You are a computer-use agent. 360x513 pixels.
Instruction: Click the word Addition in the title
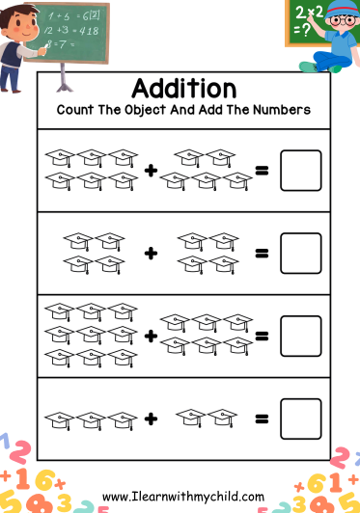click(183, 88)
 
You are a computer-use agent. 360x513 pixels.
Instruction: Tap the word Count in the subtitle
click(76, 110)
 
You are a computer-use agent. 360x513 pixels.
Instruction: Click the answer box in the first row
click(300, 170)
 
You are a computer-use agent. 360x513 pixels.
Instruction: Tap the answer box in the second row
click(300, 253)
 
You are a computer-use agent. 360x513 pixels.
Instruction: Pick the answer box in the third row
click(300, 336)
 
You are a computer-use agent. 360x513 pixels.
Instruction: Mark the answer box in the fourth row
click(300, 418)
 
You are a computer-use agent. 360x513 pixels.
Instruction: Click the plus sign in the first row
click(151, 171)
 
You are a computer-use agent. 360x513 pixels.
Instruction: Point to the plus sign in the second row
click(151, 254)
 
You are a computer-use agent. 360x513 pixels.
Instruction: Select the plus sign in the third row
click(151, 337)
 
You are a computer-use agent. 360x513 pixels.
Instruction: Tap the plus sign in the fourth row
click(151, 419)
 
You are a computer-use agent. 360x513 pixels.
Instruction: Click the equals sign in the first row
click(261, 171)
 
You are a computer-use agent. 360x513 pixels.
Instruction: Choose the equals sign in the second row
click(261, 254)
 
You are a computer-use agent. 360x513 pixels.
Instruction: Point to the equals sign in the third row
click(261, 337)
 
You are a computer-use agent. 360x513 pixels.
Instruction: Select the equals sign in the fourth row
click(261, 419)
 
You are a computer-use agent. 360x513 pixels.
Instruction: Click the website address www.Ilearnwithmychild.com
click(182, 497)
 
